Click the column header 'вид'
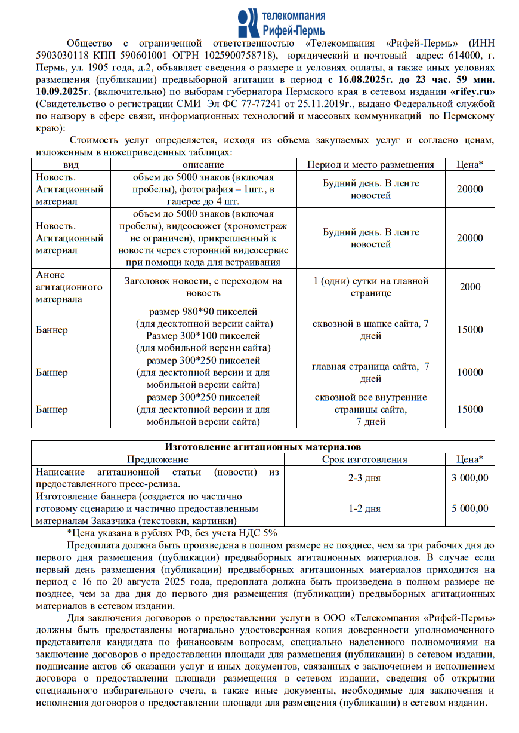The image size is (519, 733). (x=71, y=165)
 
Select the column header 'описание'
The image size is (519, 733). (x=203, y=165)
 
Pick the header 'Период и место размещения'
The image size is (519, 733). (x=370, y=165)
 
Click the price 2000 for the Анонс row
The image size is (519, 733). (x=470, y=287)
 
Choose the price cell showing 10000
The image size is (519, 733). (x=470, y=373)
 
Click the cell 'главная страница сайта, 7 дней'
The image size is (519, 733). (x=370, y=373)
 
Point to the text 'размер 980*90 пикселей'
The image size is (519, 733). (x=203, y=312)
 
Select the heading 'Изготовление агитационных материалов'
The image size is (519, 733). (x=262, y=447)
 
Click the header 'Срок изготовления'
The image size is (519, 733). (x=364, y=459)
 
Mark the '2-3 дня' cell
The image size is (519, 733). (x=364, y=478)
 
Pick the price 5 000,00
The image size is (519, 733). (x=470, y=509)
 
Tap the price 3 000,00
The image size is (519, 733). (x=470, y=478)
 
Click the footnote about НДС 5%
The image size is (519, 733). (x=172, y=533)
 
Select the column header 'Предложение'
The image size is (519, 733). (x=157, y=459)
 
